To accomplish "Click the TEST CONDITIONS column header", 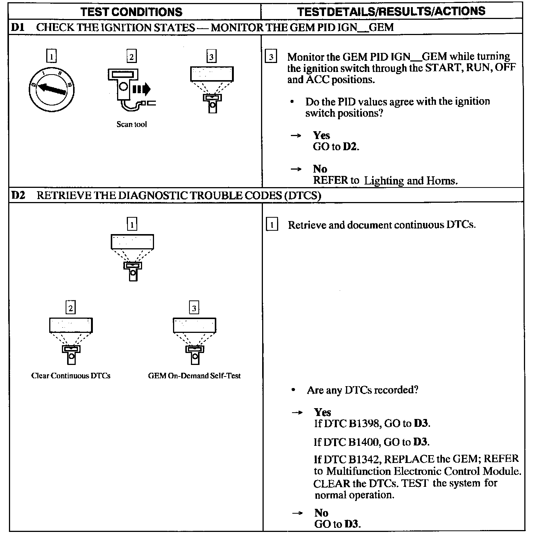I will tap(132, 11).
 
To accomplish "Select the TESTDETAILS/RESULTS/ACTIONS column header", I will tap(391, 11).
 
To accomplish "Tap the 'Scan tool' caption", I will tap(132, 124).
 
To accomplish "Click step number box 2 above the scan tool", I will tap(131, 57).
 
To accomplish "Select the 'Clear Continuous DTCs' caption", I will tap(71, 376).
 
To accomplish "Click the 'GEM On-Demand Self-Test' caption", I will tap(194, 376).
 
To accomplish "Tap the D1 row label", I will tap(18, 27).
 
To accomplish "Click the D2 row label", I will tap(18, 195).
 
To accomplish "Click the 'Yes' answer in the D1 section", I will tap(321, 135).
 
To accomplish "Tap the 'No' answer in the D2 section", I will tap(321, 513).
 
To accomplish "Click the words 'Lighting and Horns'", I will tap(410, 181).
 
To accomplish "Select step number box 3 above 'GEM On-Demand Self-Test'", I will tap(194, 308).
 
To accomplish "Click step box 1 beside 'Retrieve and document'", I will tap(272, 225).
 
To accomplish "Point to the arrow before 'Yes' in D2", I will tap(297, 413).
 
